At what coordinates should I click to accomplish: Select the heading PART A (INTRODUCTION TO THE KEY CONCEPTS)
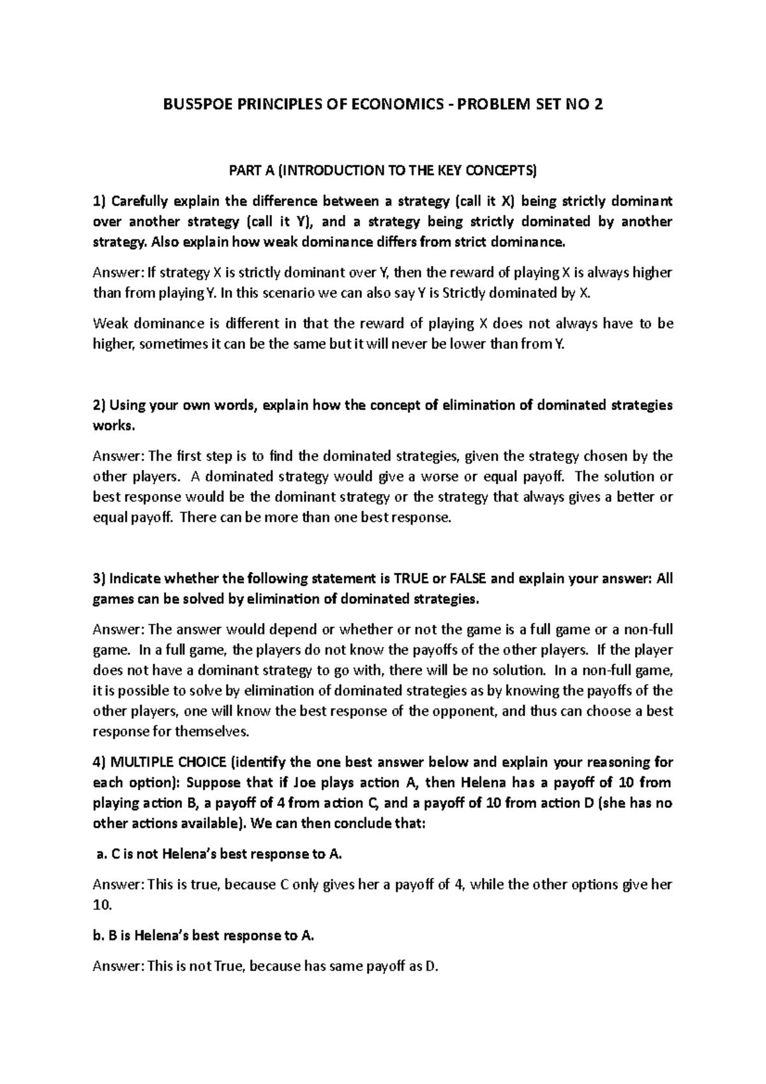pyautogui.click(x=382, y=170)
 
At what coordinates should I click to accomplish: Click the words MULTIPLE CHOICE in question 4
pyautogui.click(x=168, y=762)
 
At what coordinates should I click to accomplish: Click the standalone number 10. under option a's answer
pyautogui.click(x=102, y=905)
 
